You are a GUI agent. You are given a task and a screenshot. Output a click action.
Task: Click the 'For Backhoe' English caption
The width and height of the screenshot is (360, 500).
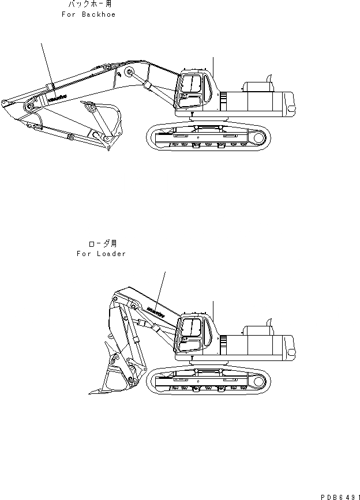pyautogui.click(x=88, y=14)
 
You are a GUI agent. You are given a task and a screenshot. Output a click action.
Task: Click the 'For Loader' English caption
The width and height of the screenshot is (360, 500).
pyautogui.click(x=100, y=254)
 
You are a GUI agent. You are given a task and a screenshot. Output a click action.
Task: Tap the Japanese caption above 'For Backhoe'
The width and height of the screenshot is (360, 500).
pyautogui.click(x=89, y=5)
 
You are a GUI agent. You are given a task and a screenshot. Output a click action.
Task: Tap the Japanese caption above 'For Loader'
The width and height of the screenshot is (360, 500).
pyautogui.click(x=101, y=244)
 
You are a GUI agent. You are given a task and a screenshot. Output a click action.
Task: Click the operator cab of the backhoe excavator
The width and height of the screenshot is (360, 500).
pyautogui.click(x=193, y=91)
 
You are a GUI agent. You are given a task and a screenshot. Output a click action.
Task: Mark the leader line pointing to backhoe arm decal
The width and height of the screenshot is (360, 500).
pyautogui.click(x=46, y=63)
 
